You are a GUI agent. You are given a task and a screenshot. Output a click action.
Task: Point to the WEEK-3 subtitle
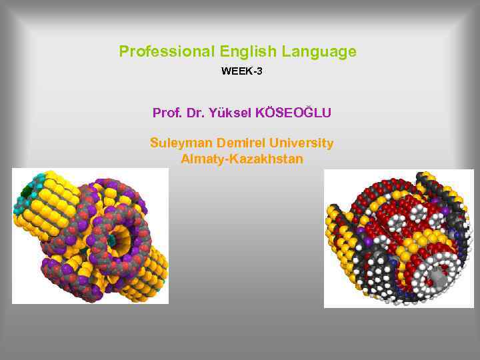pos(241,71)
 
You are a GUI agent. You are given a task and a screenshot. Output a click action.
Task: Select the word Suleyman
pos(179,143)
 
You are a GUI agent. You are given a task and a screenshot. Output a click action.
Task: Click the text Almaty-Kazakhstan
pos(241,159)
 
